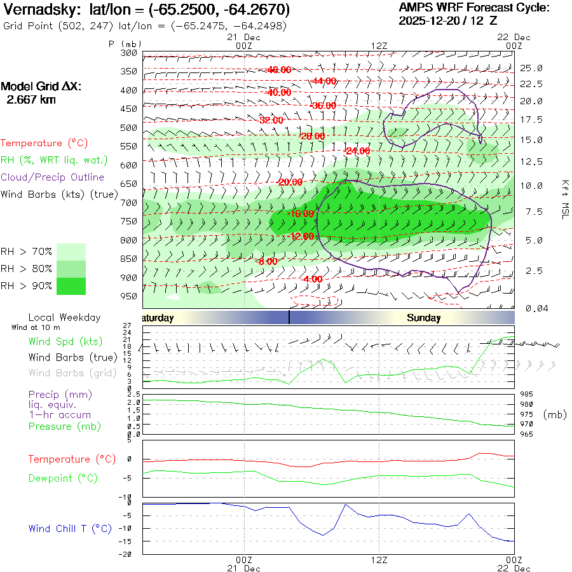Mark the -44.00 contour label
click(324, 81)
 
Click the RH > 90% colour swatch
click(71, 286)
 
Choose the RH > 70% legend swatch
click(71, 252)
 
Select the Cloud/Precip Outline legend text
click(53, 177)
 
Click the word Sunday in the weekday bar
click(424, 318)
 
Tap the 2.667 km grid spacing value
click(31, 99)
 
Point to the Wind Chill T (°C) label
click(70, 528)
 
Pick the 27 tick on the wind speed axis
click(135, 325)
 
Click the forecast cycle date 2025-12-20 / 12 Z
click(448, 20)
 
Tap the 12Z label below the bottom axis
click(379, 561)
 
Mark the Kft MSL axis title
click(564, 199)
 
